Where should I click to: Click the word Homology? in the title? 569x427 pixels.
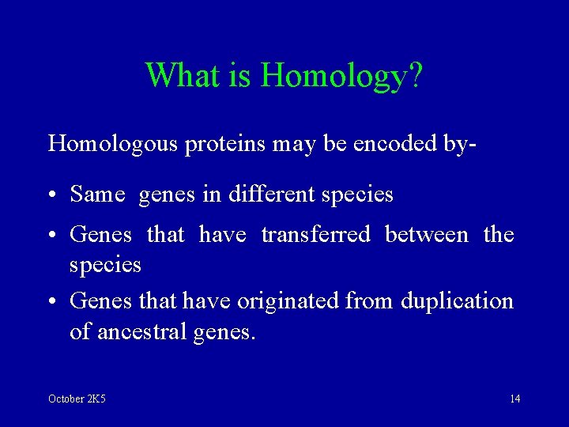tap(341, 76)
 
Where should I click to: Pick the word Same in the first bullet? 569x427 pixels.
tap(97, 194)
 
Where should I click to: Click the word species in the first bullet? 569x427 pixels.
tap(360, 195)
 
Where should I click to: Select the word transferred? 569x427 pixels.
tap(315, 234)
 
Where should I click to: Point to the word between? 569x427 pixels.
tap(427, 234)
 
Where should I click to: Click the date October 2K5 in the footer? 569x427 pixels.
tap(77, 399)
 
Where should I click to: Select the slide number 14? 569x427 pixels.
tap(514, 399)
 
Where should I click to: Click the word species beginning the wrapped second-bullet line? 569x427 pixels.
tap(105, 265)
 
